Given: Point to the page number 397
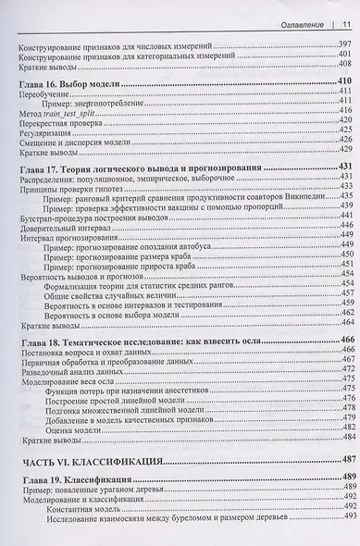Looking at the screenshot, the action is click(x=344, y=43).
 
